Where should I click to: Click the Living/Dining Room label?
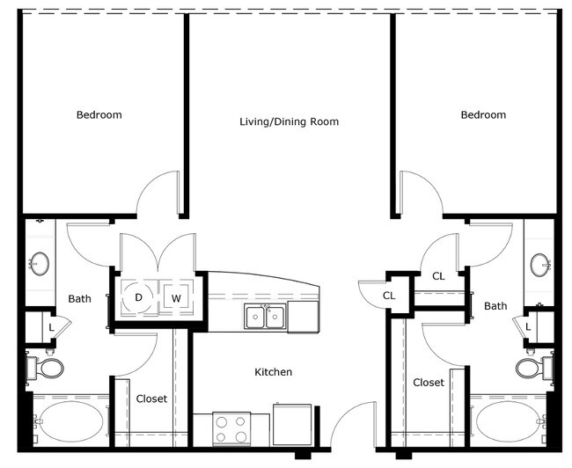[289, 121]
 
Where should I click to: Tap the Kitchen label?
[273, 372]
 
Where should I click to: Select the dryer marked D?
[138, 297]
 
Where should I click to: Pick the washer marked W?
[176, 298]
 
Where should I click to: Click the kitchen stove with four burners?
[231, 428]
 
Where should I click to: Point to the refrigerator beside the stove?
[292, 425]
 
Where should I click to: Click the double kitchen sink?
[265, 317]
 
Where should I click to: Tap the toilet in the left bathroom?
[45, 368]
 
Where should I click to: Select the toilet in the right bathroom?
[534, 368]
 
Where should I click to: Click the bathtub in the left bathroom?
[70, 421]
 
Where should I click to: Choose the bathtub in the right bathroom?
[510, 421]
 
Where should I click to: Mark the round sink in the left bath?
[40, 263]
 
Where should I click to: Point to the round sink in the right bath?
[540, 265]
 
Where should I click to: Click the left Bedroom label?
[99, 115]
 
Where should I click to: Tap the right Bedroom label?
[483, 115]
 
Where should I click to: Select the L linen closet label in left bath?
[51, 327]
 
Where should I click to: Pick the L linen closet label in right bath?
[528, 327]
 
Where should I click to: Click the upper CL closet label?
[438, 276]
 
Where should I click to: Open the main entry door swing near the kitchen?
[352, 425]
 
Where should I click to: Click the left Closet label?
[151, 399]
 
